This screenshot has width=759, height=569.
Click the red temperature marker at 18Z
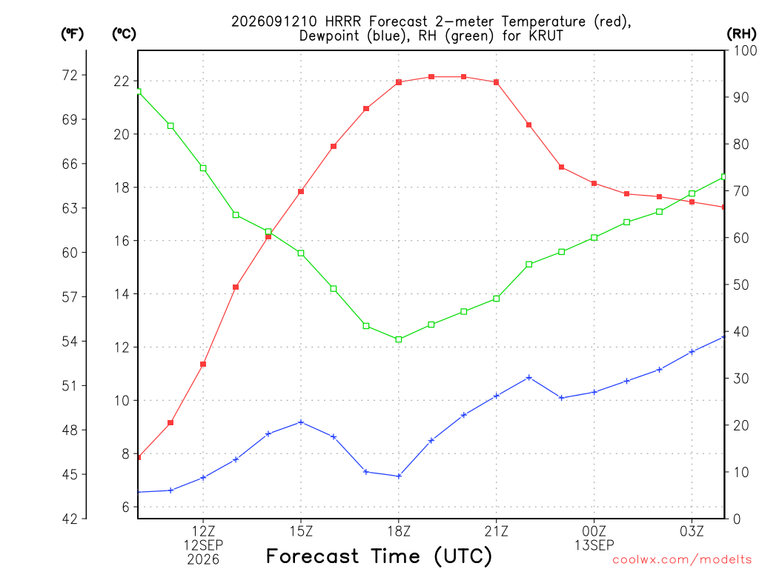[399, 82]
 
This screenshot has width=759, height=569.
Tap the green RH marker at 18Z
[399, 339]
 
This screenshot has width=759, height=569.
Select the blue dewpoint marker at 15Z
[301, 422]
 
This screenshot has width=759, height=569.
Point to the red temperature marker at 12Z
[203, 365]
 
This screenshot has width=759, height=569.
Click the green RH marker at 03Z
[692, 193]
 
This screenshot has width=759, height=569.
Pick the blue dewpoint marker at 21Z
[496, 396]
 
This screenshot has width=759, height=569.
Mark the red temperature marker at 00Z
[594, 184]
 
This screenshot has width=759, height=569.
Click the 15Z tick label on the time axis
[301, 531]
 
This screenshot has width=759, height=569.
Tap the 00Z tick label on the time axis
[594, 531]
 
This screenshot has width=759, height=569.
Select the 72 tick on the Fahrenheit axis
[70, 75]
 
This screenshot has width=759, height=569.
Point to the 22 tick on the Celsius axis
[122, 81]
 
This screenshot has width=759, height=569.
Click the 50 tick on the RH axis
[740, 284]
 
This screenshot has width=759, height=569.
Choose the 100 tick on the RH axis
[745, 50]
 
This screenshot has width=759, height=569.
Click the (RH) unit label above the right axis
[741, 33]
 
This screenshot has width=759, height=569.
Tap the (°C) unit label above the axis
[124, 33]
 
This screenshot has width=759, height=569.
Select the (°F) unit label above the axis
[72, 33]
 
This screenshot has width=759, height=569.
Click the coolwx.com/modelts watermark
[682, 559]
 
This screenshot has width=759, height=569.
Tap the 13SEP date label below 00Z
[594, 545]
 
